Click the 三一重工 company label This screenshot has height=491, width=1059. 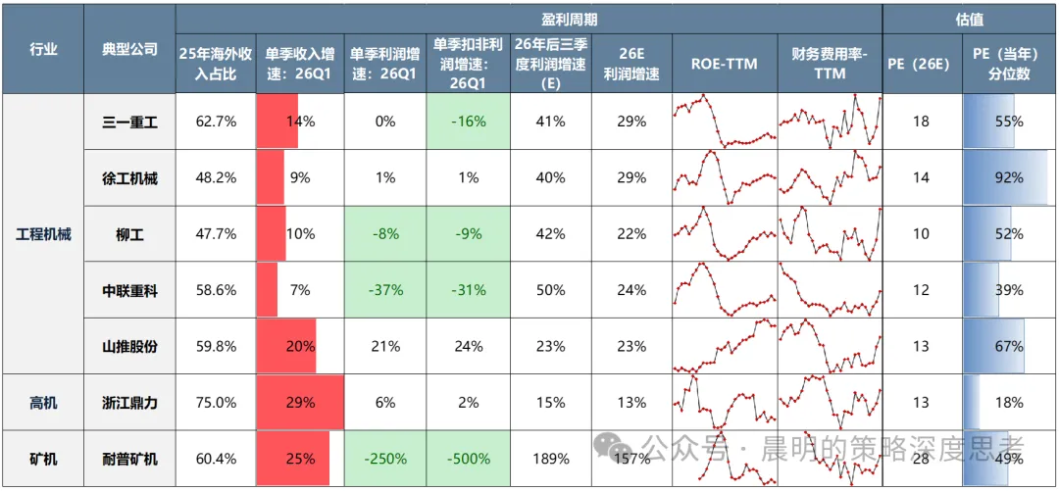(129, 123)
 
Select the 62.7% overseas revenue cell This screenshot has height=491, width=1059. (217, 123)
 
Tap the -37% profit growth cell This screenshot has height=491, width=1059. (385, 290)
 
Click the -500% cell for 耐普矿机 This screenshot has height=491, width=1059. (468, 459)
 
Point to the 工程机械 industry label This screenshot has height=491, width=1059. (43, 234)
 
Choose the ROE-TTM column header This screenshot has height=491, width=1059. (724, 64)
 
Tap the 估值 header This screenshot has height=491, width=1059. (970, 20)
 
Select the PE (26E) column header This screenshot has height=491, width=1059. (922, 65)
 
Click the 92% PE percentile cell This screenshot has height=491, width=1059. (1009, 178)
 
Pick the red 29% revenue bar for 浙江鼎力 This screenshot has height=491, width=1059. (300, 403)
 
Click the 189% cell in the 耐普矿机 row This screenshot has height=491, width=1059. (550, 459)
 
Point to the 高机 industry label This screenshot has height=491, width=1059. (43, 403)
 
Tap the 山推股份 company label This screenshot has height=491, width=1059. (129, 347)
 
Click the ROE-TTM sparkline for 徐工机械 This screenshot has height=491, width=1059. (725, 177)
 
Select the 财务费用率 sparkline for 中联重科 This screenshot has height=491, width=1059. (831, 290)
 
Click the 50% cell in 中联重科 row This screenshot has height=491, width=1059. (550, 290)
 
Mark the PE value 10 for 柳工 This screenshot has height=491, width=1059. (922, 234)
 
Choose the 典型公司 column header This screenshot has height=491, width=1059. (129, 49)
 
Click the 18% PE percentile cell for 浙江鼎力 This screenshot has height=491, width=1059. (1009, 403)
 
